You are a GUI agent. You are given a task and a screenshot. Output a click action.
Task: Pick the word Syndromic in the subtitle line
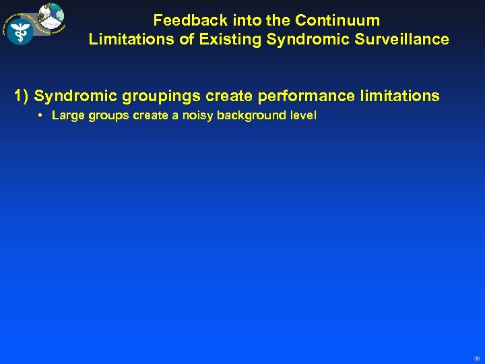point(311,39)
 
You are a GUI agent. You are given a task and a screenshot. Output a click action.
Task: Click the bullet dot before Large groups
point(41,115)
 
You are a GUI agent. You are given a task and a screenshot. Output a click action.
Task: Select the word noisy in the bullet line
point(198,115)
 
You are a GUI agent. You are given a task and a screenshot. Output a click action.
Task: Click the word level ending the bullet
point(303,115)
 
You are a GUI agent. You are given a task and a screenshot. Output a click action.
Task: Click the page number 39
point(476,358)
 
